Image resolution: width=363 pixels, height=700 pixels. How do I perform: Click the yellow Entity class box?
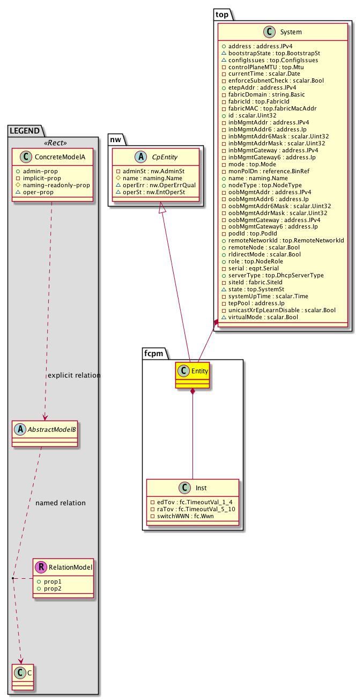pos(192,375)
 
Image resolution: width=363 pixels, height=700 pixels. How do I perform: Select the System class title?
pos(291,32)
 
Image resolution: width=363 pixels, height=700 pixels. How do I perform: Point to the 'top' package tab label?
pos(222,14)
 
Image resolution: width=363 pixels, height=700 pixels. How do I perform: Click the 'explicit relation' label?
pos(74,375)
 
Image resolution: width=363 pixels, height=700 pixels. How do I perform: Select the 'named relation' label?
pos(60,503)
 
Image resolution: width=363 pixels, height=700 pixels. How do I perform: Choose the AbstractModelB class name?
pos(50,429)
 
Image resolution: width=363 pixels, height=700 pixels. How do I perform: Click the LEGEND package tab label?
pos(23,130)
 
